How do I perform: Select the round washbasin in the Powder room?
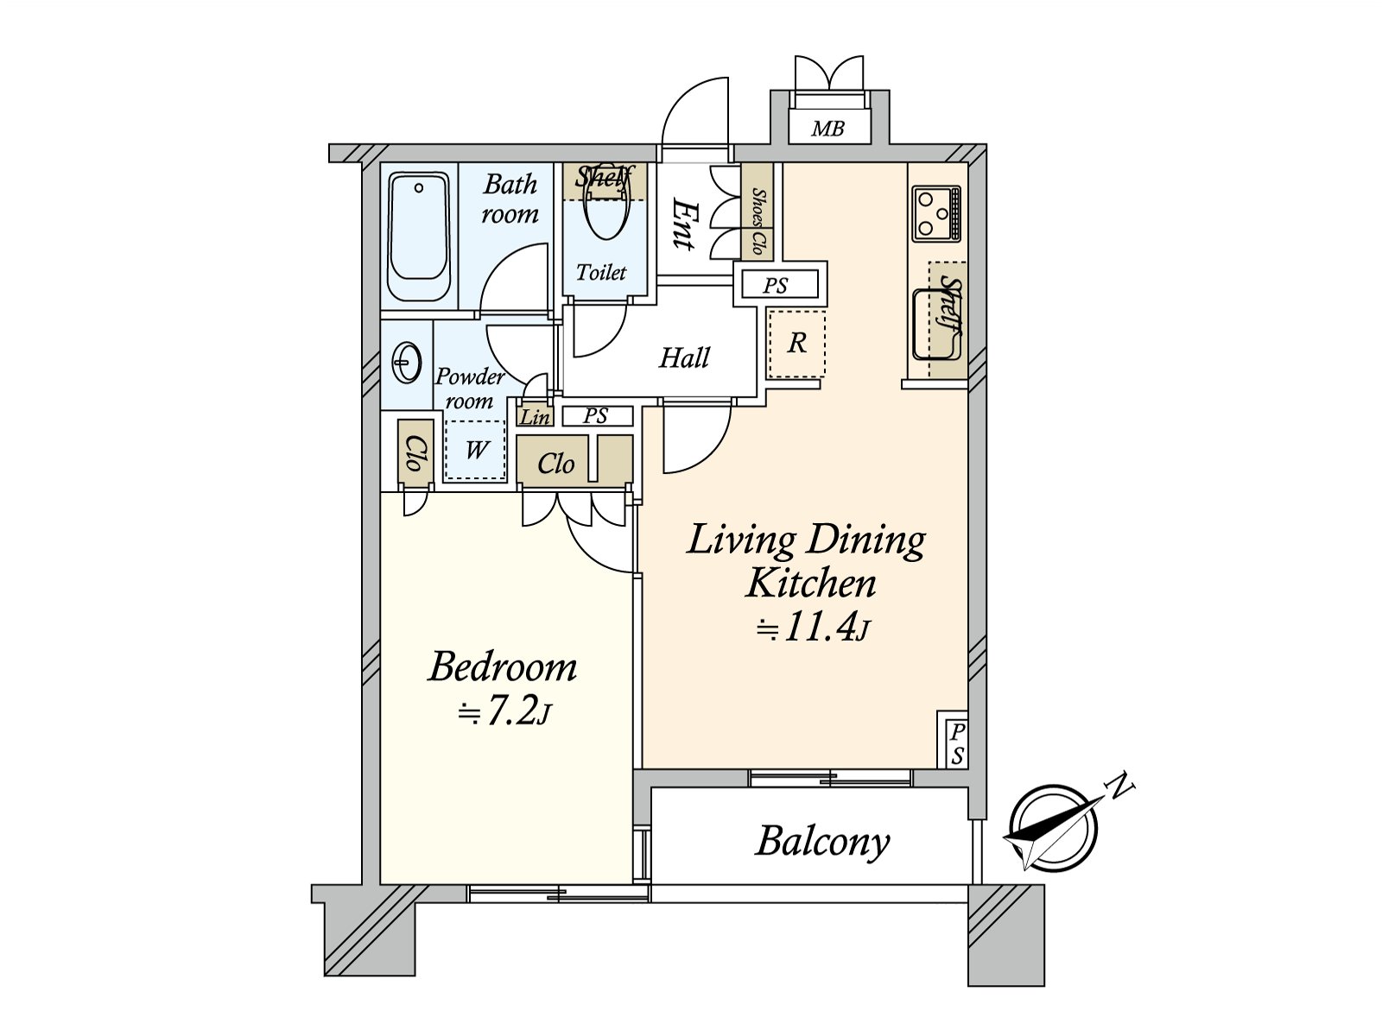pos(407,363)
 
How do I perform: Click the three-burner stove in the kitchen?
pos(936,213)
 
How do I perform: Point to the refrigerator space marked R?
pos(796,344)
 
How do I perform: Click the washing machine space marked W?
pos(476,450)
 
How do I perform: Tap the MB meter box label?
pos(827,129)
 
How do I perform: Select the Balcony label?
pos(822,842)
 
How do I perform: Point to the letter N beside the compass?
pos(1120,785)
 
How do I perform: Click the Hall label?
pos(684,357)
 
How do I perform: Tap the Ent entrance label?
pos(684,224)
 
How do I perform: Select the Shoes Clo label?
pos(758,222)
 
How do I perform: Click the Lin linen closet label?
pos(535,417)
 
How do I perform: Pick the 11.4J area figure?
pos(813,628)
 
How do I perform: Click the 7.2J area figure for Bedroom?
pos(504,712)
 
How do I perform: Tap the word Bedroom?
pos(503,667)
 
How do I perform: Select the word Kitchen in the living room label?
pos(811,584)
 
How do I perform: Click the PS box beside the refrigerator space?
pos(776,285)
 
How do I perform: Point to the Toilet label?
pos(601,273)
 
